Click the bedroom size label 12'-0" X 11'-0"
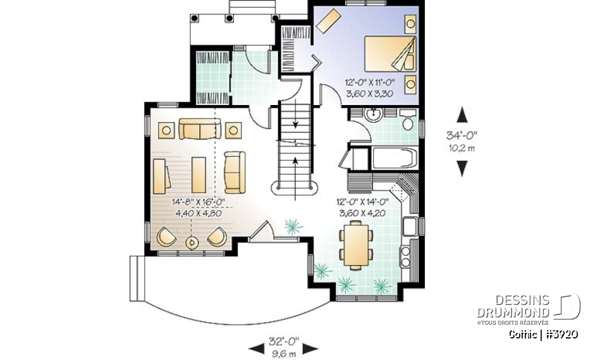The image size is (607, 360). click(x=371, y=83)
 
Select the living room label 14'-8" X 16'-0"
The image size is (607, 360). click(x=199, y=203)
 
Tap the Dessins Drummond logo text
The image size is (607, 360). click(x=513, y=307)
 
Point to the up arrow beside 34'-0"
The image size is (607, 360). click(x=462, y=115)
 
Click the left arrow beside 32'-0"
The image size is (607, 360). click(x=255, y=347)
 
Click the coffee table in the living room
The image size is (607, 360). click(x=199, y=173)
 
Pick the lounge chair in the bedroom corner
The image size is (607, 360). click(x=328, y=23)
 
